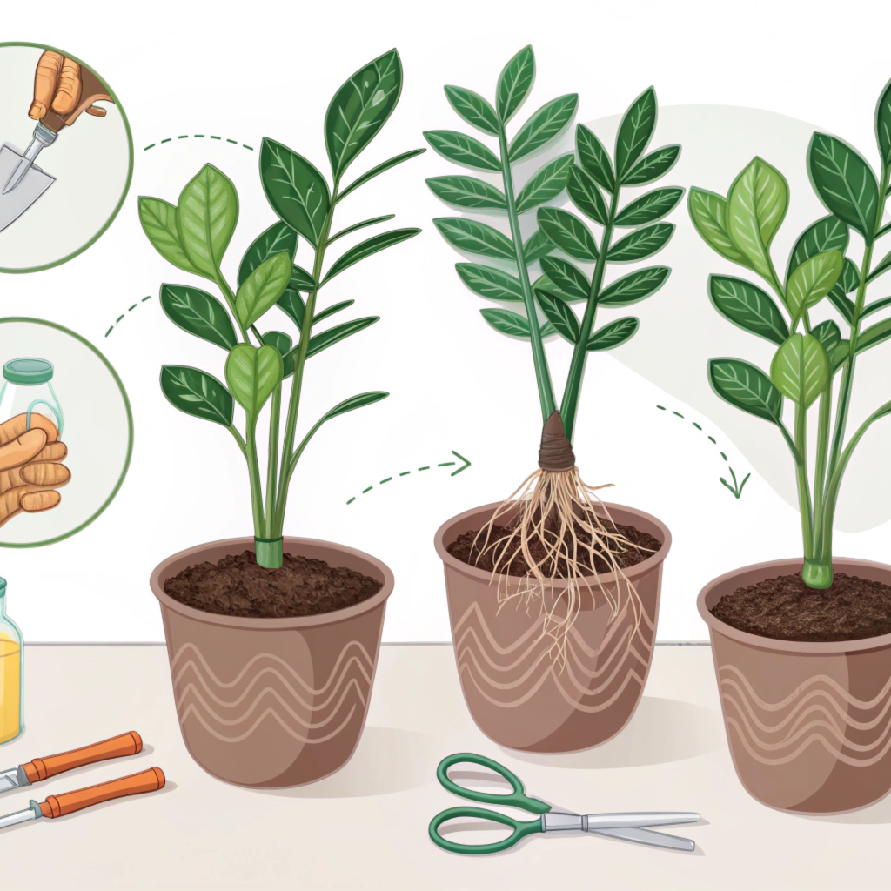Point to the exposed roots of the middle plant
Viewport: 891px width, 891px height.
click(557, 539)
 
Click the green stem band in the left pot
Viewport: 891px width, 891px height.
click(269, 552)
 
